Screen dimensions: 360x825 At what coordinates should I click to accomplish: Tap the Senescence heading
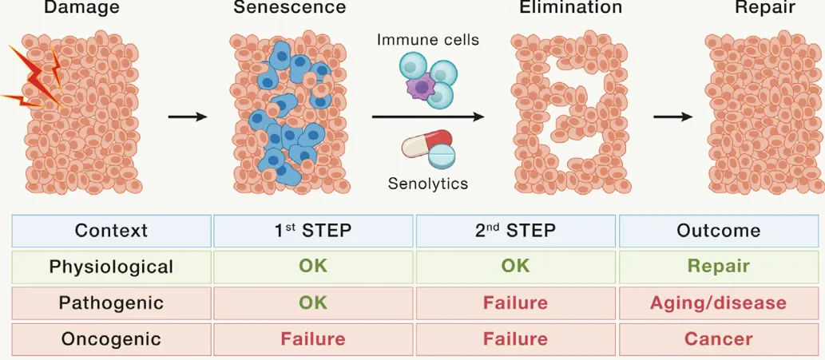point(290,8)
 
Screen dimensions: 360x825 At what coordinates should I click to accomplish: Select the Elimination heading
point(570,8)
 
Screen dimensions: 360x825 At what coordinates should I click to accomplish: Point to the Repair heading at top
point(765,8)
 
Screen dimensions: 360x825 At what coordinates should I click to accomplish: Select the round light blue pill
point(444,155)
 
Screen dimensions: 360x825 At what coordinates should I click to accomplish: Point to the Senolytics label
point(428,184)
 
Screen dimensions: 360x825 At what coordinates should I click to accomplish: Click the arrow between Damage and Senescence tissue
point(188,117)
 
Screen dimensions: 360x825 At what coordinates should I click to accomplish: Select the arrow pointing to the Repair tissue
point(672,117)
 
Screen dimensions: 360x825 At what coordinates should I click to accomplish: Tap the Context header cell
point(111,231)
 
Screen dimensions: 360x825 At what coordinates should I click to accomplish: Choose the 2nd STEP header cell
point(516,231)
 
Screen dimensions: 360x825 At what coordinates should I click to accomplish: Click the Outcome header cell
point(719,231)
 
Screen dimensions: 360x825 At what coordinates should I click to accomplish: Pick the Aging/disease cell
point(719,303)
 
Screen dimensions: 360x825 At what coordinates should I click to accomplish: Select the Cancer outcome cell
point(719,339)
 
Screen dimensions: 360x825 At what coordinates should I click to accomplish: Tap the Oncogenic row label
point(111,339)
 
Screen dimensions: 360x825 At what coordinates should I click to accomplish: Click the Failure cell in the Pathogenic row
point(516,303)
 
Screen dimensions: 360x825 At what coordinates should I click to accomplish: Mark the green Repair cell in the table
point(719,267)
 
